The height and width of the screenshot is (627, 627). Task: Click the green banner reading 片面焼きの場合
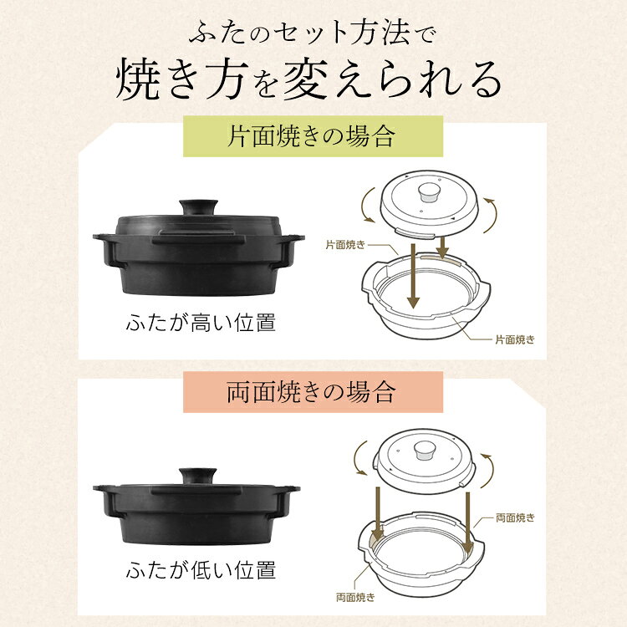pos(313,137)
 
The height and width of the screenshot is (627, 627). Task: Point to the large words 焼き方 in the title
pos(184,79)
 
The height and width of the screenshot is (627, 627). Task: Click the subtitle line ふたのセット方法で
pos(313,36)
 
